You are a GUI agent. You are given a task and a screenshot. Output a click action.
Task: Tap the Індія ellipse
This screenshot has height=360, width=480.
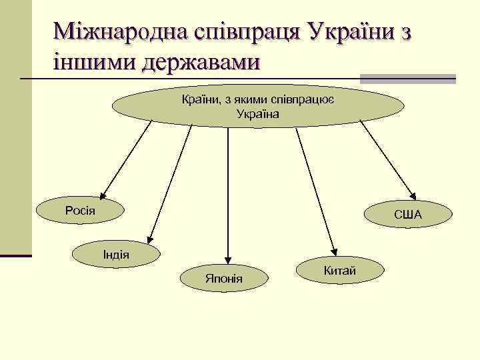click(x=116, y=254)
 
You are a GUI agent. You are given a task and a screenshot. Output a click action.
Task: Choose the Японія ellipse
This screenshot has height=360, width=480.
click(x=224, y=277)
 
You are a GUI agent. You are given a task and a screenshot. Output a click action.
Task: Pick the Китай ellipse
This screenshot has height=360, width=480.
click(x=339, y=270)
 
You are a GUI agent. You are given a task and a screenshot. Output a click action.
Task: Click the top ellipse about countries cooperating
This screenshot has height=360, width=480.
click(x=258, y=107)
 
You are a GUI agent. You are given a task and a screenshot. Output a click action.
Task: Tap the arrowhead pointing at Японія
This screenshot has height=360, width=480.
click(x=228, y=259)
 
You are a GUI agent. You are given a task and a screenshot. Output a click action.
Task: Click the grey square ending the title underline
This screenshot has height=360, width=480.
click(x=442, y=79)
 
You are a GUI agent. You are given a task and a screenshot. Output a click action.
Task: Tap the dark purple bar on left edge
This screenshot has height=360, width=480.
click(x=16, y=255)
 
